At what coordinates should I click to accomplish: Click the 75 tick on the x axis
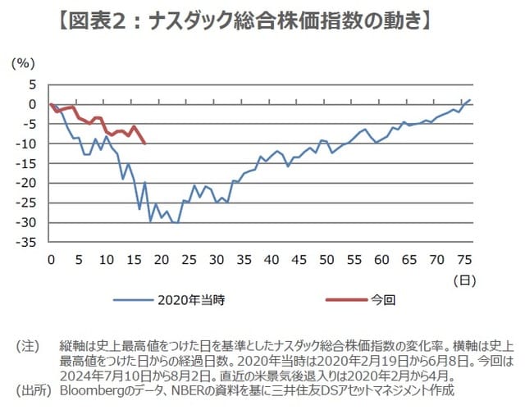tap(463, 260)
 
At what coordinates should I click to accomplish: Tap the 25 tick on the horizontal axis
tap(189, 260)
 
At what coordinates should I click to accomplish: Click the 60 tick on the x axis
tap(381, 260)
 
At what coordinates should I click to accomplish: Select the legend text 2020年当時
tap(191, 300)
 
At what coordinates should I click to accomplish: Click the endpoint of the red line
tap(144, 143)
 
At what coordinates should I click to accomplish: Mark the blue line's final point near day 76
tap(469, 99)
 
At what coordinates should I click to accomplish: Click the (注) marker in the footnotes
tap(29, 346)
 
